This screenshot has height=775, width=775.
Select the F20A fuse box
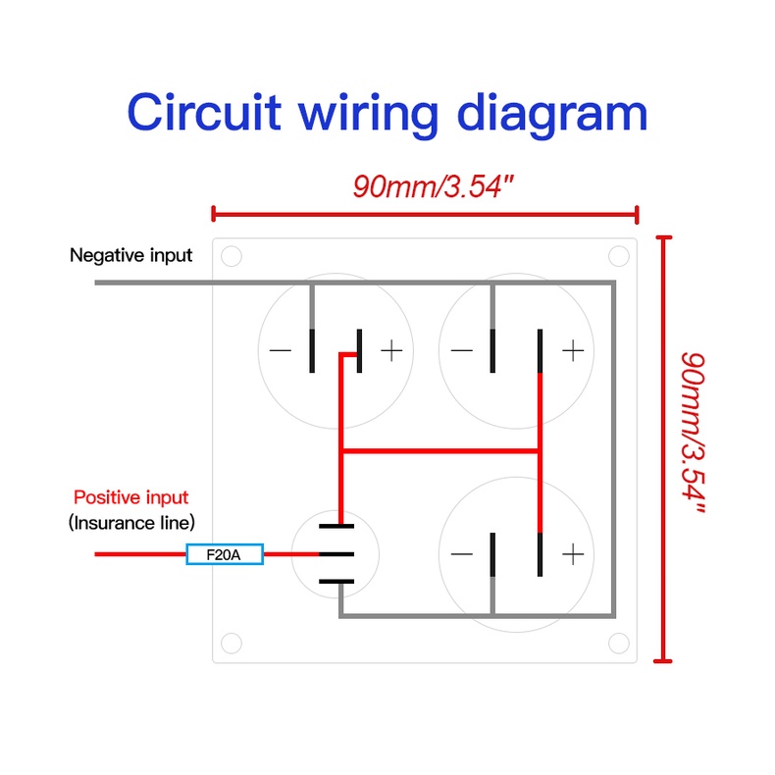[x=226, y=555]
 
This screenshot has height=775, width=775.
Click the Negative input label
[x=130, y=255]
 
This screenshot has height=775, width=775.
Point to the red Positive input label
[x=130, y=497]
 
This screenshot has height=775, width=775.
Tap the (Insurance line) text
[x=131, y=522]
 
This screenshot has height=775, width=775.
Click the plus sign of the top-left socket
[x=390, y=350]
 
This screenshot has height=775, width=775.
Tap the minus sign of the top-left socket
[x=281, y=350]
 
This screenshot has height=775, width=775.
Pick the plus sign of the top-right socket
[x=574, y=350]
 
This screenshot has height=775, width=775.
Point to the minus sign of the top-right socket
[x=461, y=350]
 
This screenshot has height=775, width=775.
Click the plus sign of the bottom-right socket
[x=573, y=554]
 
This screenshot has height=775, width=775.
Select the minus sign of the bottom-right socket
[x=461, y=554]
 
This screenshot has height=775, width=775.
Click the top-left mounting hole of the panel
[x=231, y=257]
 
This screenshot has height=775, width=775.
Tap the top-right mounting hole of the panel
[x=618, y=256]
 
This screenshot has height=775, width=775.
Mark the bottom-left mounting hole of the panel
[x=231, y=643]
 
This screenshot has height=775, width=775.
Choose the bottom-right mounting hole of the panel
[x=618, y=643]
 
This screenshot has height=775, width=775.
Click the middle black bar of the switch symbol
[x=336, y=554]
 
